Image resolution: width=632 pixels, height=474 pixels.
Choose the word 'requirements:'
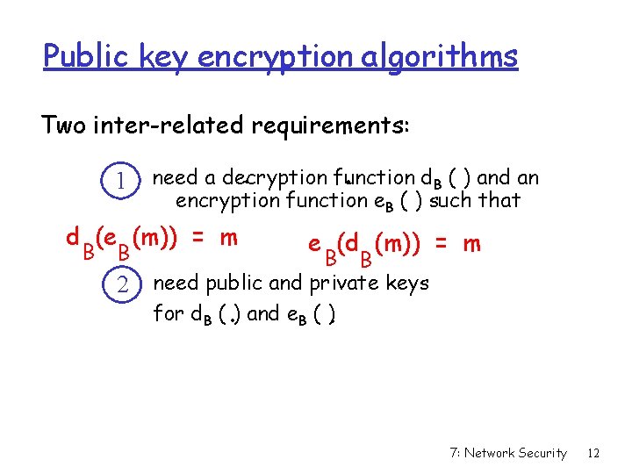(330, 126)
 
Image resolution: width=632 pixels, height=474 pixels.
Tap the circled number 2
(124, 284)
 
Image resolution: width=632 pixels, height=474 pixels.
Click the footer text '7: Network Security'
(507, 453)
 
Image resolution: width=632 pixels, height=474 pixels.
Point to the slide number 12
(593, 453)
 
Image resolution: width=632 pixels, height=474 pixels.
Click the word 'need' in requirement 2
(176, 284)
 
